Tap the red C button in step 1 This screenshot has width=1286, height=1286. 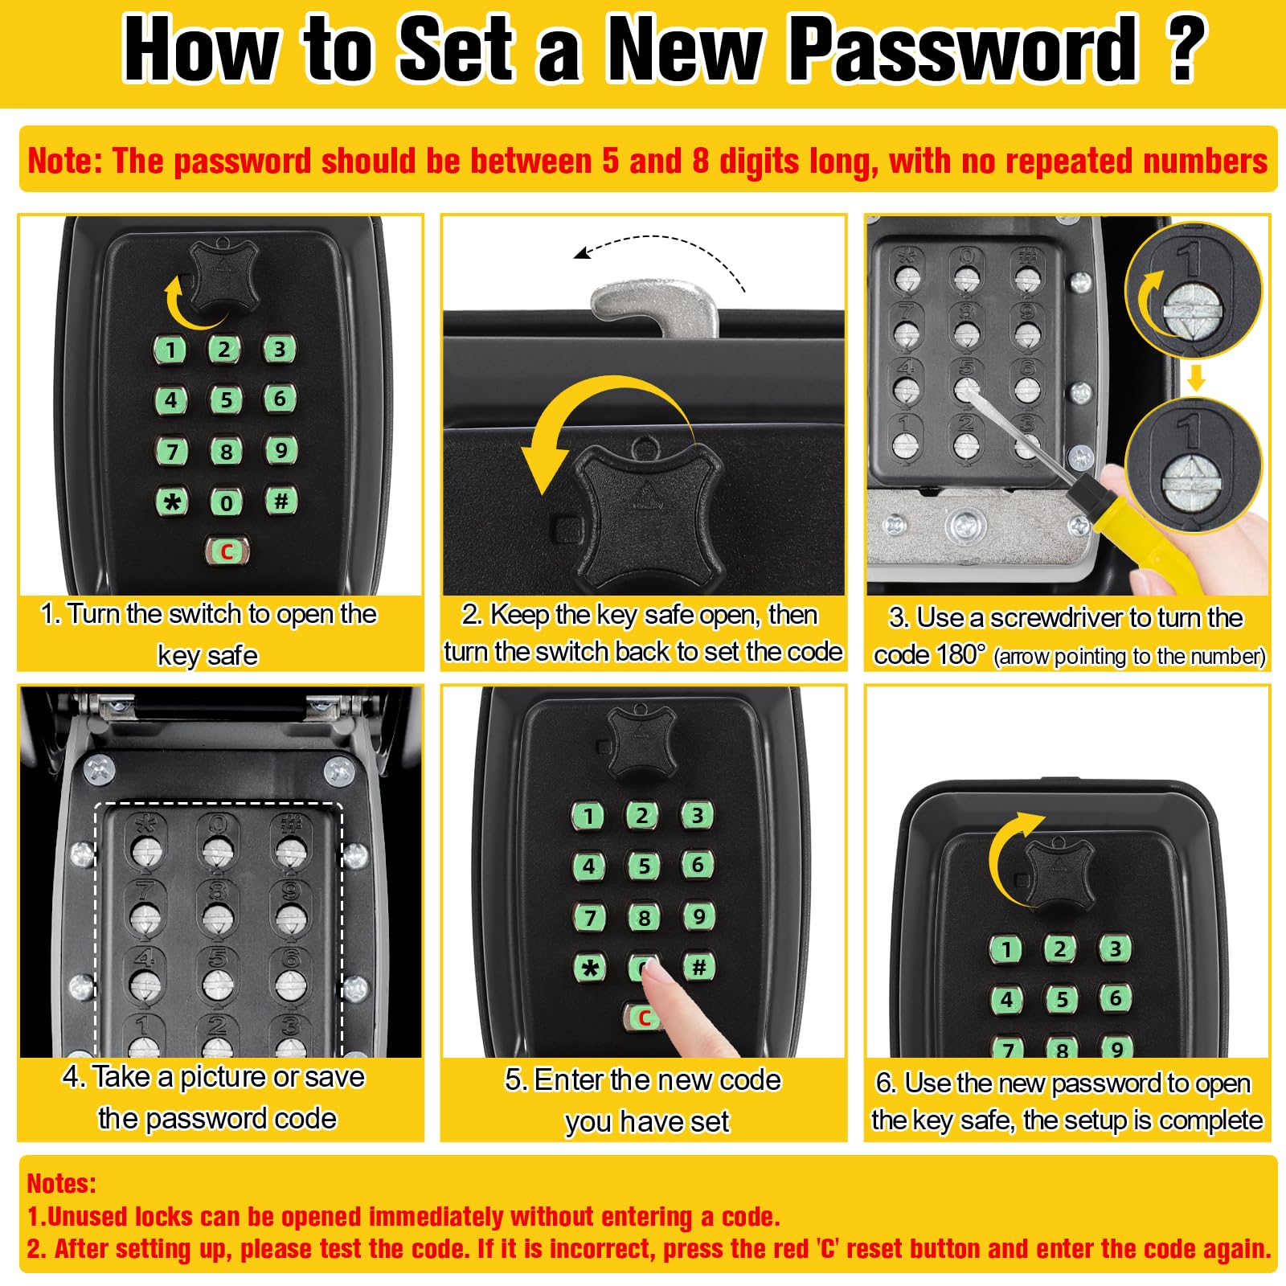click(x=227, y=551)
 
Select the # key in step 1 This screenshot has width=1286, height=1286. click(x=281, y=501)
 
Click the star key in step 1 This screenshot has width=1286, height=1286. click(x=172, y=502)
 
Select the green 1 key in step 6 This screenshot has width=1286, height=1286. click(x=1005, y=949)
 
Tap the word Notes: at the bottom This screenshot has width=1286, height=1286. click(x=61, y=1183)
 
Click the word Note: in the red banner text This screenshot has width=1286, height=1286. click(x=65, y=161)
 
